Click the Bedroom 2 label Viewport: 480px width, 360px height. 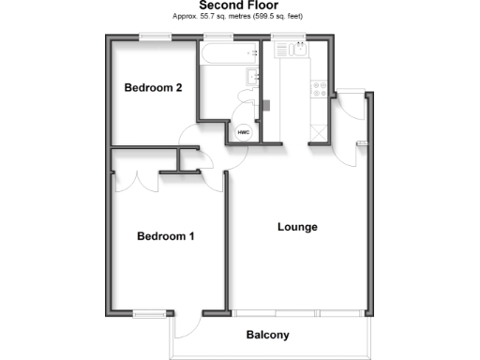[x=153, y=88]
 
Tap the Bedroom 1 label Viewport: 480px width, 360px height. [x=166, y=236]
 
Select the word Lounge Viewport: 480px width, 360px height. [x=297, y=227]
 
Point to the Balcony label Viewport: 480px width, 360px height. [x=267, y=335]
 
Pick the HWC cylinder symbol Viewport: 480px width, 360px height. [x=243, y=132]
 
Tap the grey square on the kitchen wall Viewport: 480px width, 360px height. [x=265, y=102]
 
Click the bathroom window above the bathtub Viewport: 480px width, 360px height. [x=219, y=37]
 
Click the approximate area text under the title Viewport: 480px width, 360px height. [x=238, y=17]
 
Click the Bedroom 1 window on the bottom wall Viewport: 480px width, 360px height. [x=149, y=312]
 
